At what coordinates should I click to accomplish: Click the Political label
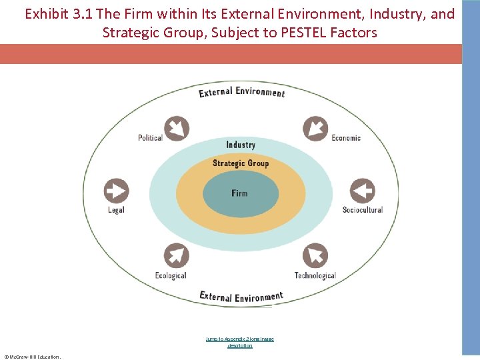(x=150, y=138)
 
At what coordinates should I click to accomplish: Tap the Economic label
(x=346, y=138)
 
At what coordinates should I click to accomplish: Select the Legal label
(x=116, y=210)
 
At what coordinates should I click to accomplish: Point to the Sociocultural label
(x=363, y=210)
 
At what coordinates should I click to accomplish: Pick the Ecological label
(x=171, y=275)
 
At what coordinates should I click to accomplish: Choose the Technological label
(x=315, y=275)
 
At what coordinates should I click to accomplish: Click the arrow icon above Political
(x=177, y=128)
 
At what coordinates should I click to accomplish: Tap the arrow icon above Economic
(x=315, y=128)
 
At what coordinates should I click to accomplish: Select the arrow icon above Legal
(x=116, y=191)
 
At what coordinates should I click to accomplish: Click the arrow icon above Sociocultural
(x=362, y=191)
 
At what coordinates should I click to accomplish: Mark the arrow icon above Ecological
(x=177, y=256)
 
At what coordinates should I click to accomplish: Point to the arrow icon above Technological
(x=315, y=256)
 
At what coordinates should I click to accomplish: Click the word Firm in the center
(x=239, y=193)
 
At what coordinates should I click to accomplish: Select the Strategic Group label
(x=241, y=163)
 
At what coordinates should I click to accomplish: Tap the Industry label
(x=241, y=145)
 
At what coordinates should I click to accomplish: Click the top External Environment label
(x=241, y=92)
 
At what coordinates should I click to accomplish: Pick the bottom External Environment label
(x=241, y=297)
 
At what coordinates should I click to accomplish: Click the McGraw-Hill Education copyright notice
(x=32, y=357)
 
